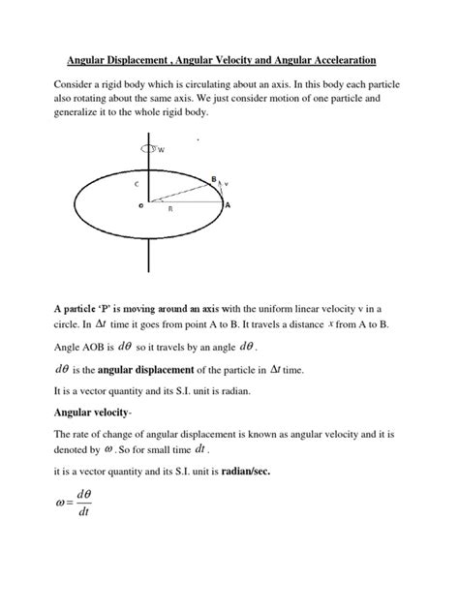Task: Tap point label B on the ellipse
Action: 213,179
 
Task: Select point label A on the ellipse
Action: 228,205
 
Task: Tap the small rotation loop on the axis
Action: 147,149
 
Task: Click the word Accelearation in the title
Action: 359,57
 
